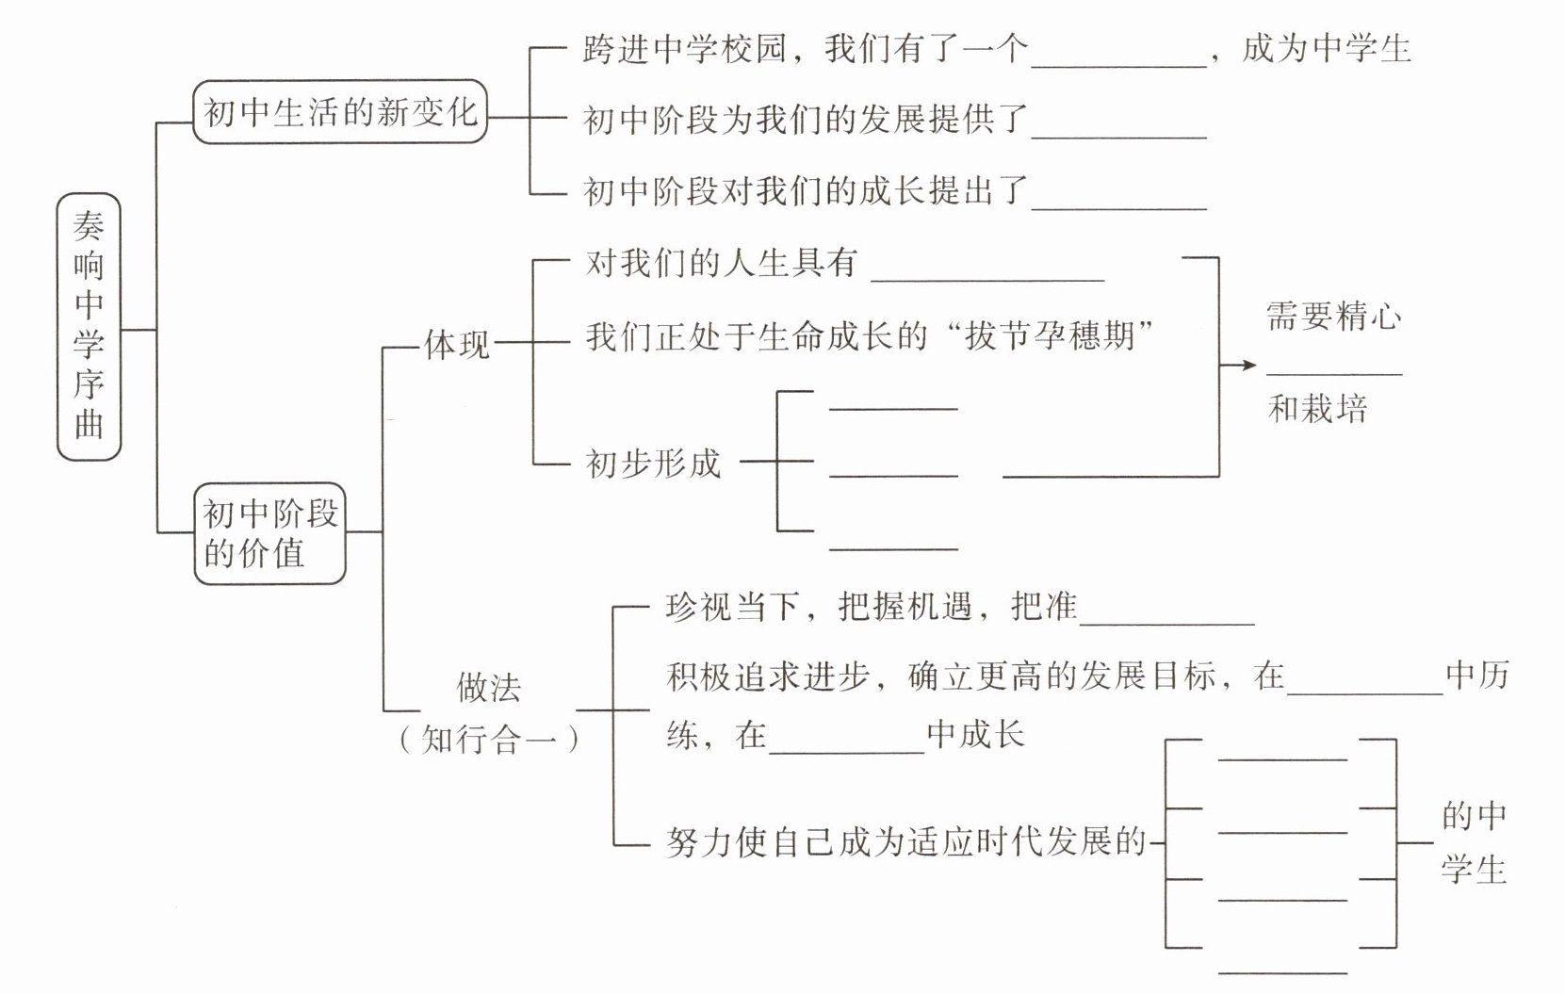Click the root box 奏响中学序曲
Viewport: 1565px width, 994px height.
click(89, 326)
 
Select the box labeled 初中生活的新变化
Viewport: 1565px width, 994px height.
click(340, 113)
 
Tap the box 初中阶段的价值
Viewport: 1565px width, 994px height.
click(270, 533)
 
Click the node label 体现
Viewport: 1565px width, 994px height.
click(457, 345)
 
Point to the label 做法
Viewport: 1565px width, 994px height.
click(488, 689)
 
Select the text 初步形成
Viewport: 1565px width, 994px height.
click(653, 464)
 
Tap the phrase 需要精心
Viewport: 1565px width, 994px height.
click(1333, 317)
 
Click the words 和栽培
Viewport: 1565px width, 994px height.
click(1317, 409)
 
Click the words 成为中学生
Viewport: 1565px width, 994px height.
click(1326, 48)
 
